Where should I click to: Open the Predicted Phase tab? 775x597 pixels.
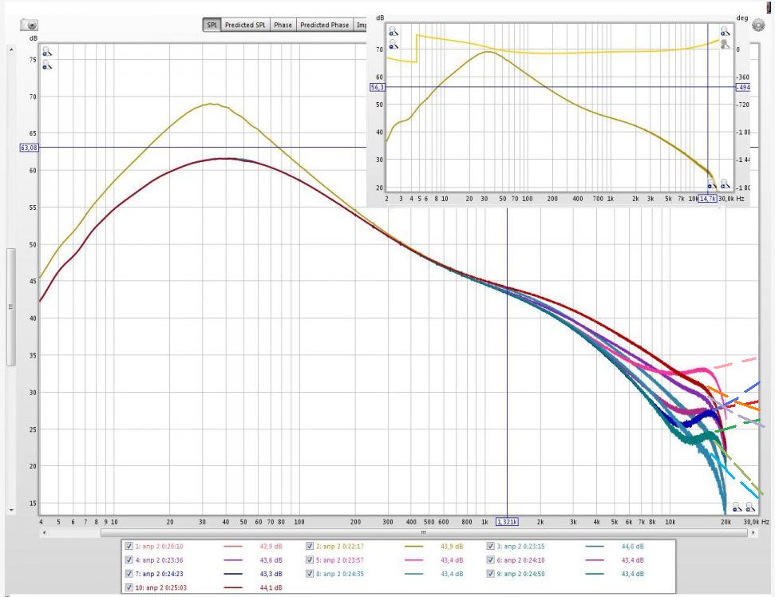tap(324, 25)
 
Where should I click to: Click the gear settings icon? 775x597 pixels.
tap(757, 25)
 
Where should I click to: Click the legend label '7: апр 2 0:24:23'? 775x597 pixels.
tap(164, 572)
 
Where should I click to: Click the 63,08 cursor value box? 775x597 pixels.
tap(28, 147)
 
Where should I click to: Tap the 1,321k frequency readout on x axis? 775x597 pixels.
tap(507, 521)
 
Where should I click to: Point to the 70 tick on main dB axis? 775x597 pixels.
tap(32, 97)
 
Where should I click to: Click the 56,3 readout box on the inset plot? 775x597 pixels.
tap(378, 87)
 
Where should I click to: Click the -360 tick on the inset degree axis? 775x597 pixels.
tap(743, 77)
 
